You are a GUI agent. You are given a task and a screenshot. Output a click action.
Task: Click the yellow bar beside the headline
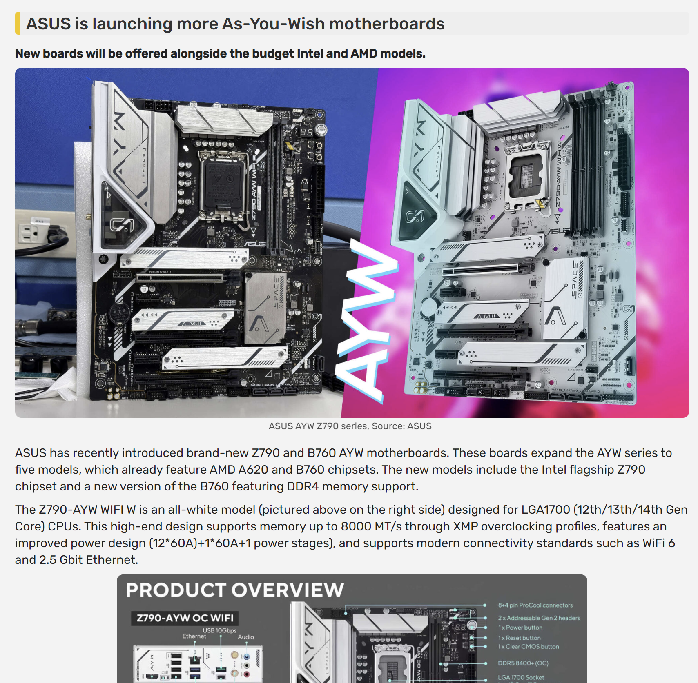[18, 24]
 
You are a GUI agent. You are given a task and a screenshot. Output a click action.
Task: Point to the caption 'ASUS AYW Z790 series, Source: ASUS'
[350, 426]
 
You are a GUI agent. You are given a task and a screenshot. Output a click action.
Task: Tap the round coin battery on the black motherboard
[120, 313]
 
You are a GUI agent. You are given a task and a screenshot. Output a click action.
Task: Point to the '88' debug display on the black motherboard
[306, 132]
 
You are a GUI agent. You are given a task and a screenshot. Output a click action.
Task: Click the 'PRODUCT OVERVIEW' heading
[235, 590]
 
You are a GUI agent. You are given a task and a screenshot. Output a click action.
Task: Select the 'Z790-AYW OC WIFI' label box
[185, 618]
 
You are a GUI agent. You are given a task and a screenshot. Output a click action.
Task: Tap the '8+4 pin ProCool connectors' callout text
[535, 605]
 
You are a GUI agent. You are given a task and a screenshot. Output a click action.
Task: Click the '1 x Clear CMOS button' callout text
[528, 647]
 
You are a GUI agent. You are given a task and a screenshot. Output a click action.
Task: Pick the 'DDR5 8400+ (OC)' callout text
[523, 663]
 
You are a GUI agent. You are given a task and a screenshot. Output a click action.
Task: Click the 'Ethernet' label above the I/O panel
[194, 636]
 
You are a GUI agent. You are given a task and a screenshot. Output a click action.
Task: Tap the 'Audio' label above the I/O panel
[245, 637]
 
